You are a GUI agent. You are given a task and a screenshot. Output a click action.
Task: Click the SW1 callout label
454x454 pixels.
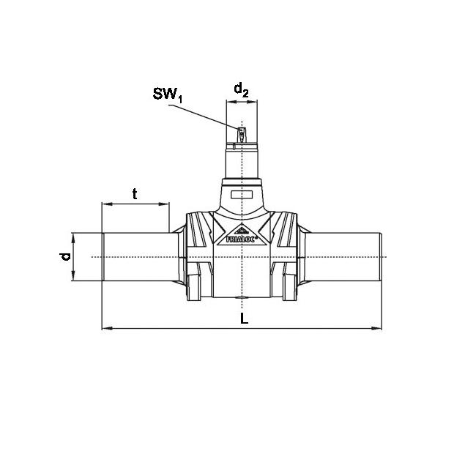[x=168, y=94]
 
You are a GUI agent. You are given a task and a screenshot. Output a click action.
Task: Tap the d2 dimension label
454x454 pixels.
[x=241, y=89]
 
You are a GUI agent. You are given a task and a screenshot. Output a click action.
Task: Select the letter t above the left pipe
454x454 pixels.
[x=135, y=194]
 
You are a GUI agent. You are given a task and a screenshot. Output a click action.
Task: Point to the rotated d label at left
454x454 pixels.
[x=65, y=256]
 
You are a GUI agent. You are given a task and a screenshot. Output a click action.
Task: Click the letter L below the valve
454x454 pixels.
[x=245, y=319]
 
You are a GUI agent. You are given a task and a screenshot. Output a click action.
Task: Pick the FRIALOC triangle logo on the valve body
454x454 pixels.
[x=242, y=235]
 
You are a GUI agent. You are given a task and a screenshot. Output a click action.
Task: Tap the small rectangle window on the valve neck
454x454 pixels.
[x=242, y=195]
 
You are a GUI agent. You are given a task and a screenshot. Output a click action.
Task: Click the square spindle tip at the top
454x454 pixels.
[x=242, y=135]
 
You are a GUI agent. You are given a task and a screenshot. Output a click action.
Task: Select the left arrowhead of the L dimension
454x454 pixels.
[x=108, y=328]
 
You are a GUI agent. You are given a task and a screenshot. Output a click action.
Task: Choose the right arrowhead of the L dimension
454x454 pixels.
[x=376, y=328]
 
